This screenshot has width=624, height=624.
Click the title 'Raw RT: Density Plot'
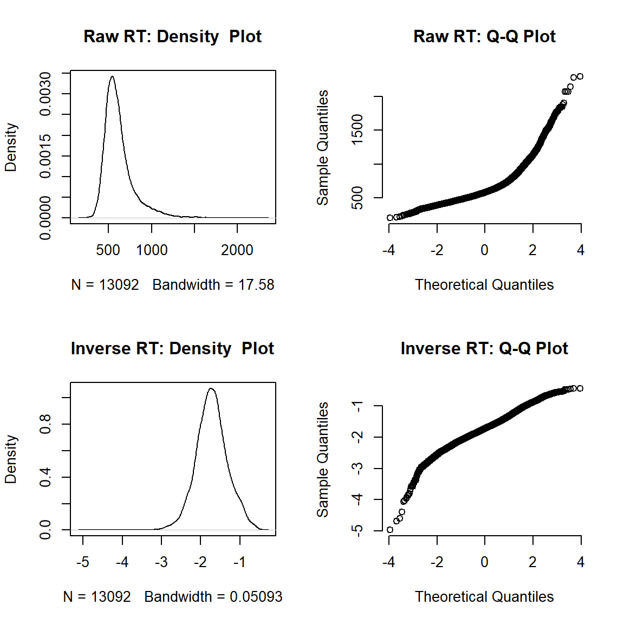pos(172,36)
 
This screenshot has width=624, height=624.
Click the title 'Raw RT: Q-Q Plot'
pos(484,36)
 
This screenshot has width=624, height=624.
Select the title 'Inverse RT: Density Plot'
pos(172,348)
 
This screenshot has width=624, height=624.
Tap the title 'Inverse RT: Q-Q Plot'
pos(484,348)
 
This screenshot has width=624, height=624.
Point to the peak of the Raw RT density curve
pos(112,76)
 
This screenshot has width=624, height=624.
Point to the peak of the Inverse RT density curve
pos(211,388)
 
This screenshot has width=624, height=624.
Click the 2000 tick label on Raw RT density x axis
pos(237,250)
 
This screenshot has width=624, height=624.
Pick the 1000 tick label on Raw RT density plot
pos(152,250)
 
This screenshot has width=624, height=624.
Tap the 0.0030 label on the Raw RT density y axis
pos(45,94)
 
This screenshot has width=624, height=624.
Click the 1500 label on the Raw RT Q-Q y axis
pos(357,130)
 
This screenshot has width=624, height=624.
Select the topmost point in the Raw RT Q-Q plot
pos(580,76)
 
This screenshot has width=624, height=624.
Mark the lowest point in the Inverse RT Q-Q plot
pos(390,530)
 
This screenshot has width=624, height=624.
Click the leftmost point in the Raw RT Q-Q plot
pos(390,218)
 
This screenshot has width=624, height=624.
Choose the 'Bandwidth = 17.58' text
pos(213,285)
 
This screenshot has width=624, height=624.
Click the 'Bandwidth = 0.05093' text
pos(213,597)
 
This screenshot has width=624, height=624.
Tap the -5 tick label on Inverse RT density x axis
pos(83,562)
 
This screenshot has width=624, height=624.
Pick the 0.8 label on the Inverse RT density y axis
pos(45,424)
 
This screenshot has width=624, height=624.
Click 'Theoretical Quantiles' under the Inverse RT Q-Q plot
pos(484,597)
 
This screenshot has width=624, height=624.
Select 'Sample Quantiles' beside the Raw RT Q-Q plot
pos(323,147)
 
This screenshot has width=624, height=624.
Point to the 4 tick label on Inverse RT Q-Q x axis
pos(581,562)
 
